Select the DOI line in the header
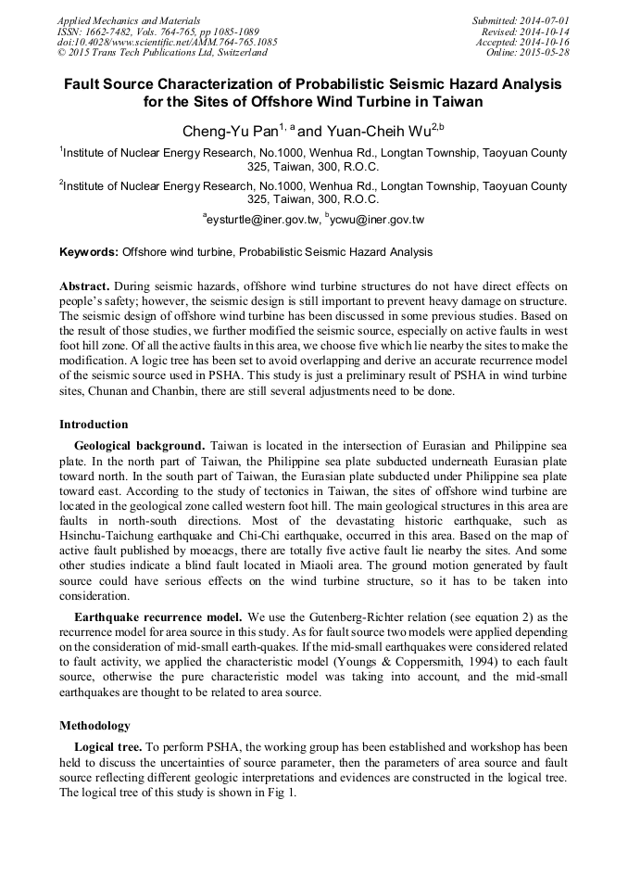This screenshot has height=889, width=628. pos(167,42)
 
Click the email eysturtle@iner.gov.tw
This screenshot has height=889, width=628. pos(263,220)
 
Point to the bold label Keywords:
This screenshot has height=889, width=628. pos(89,252)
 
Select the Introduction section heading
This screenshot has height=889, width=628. pos(94,425)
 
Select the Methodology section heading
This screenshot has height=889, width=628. pos(94,725)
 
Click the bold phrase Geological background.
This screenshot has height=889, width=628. pos(140,446)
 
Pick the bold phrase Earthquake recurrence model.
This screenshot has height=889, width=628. pos(157,616)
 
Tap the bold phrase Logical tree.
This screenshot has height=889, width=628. pos(107,746)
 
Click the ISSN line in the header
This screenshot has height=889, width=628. pos(157,31)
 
